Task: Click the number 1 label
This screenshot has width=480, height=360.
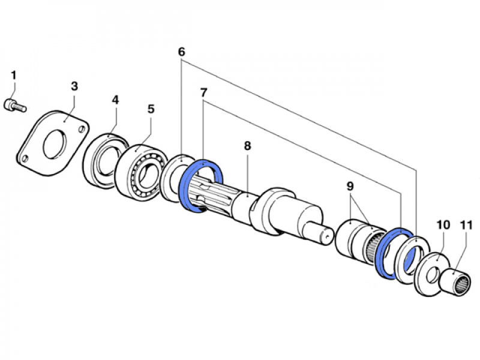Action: [13, 76]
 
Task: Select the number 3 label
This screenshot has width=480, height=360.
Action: [74, 86]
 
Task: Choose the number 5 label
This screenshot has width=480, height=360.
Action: [151, 109]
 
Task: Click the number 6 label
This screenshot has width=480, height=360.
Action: [181, 52]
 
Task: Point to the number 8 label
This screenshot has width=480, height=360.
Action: [246, 146]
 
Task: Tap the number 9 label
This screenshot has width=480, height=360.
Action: [350, 187]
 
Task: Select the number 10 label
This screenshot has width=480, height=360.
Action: [443, 225]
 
